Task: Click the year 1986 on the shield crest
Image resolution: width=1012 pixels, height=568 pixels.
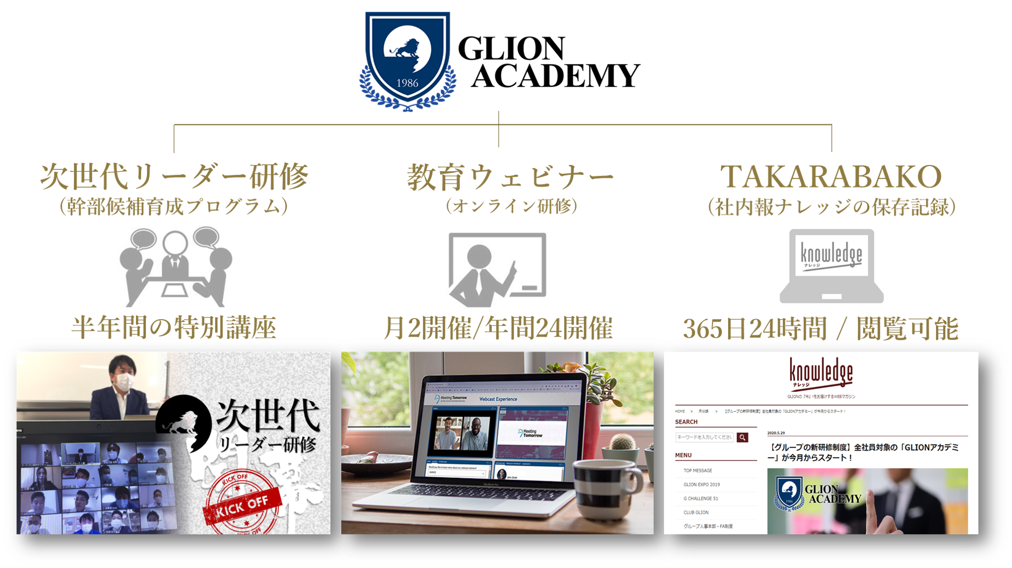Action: tap(407, 83)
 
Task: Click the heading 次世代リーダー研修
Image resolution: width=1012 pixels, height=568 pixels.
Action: tap(174, 177)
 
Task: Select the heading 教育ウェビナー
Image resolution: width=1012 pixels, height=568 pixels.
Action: tap(510, 178)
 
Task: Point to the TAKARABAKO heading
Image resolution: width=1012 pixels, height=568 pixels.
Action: tap(831, 177)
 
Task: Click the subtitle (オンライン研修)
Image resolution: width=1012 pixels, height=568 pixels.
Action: tap(511, 207)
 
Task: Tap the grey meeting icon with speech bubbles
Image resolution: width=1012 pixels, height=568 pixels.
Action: tap(174, 266)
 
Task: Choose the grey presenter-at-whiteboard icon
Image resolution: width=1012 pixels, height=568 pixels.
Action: tap(497, 272)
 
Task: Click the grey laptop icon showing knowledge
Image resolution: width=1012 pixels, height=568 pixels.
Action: tap(831, 264)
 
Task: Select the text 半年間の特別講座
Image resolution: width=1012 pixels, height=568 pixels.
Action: tap(174, 328)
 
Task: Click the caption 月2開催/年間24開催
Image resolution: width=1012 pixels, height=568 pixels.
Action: tap(498, 328)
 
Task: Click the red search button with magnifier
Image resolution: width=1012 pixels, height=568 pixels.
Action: tap(742, 437)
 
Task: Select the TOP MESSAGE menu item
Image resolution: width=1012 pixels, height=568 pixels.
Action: tap(697, 471)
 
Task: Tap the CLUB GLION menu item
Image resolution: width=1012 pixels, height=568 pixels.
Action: tap(696, 512)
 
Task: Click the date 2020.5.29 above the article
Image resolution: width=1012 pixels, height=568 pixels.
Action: tap(776, 433)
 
